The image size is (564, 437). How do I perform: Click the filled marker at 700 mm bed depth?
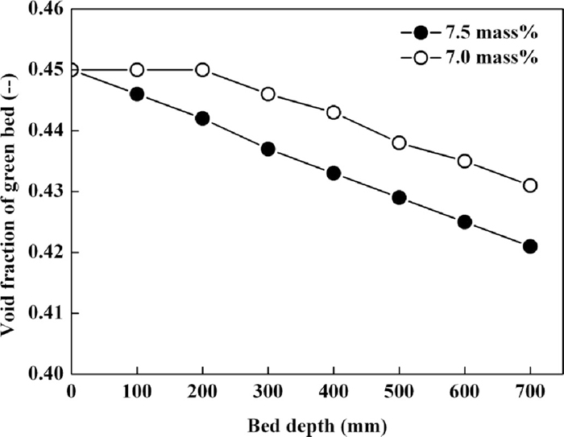(x=529, y=246)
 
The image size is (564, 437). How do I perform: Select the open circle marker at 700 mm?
(x=529, y=185)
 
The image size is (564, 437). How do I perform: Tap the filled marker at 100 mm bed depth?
(x=137, y=94)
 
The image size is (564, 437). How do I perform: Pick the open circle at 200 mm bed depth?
(x=202, y=70)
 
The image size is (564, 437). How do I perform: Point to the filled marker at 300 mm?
(x=268, y=149)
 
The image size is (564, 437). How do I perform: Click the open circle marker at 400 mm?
(x=334, y=113)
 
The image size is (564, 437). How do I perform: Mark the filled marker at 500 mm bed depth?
(x=399, y=197)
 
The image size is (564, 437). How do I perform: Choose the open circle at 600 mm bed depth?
(x=464, y=161)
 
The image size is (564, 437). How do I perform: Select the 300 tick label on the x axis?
(x=267, y=390)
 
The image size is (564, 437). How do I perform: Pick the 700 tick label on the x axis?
(x=529, y=390)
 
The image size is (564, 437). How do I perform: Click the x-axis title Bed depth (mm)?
(x=300, y=422)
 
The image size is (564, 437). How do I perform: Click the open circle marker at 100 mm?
(x=137, y=70)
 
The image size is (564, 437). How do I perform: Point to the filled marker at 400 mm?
(x=334, y=173)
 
